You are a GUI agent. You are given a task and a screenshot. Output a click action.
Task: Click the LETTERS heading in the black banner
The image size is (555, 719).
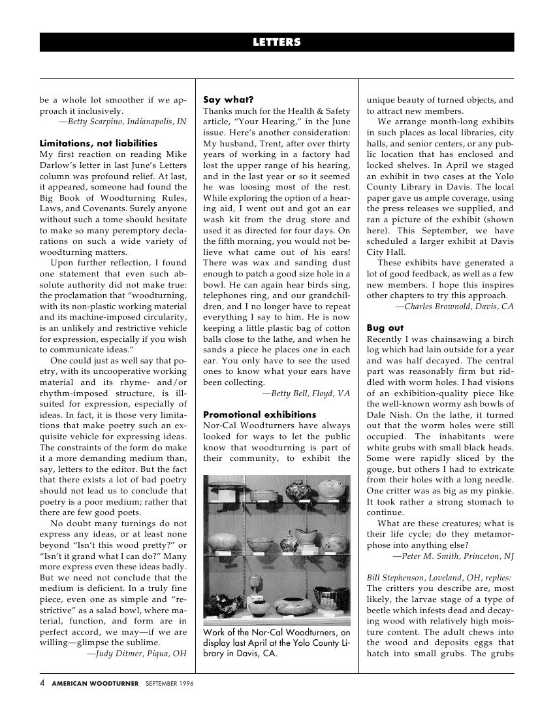277,42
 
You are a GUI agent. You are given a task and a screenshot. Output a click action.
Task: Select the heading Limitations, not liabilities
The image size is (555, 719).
98,142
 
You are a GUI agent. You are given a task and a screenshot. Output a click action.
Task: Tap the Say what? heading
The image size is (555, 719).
228,100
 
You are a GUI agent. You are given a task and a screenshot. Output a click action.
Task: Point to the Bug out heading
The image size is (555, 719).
385,327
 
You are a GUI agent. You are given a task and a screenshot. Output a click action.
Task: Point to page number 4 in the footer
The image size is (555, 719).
42,683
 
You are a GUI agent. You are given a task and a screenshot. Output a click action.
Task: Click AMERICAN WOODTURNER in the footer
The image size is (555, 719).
95,684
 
